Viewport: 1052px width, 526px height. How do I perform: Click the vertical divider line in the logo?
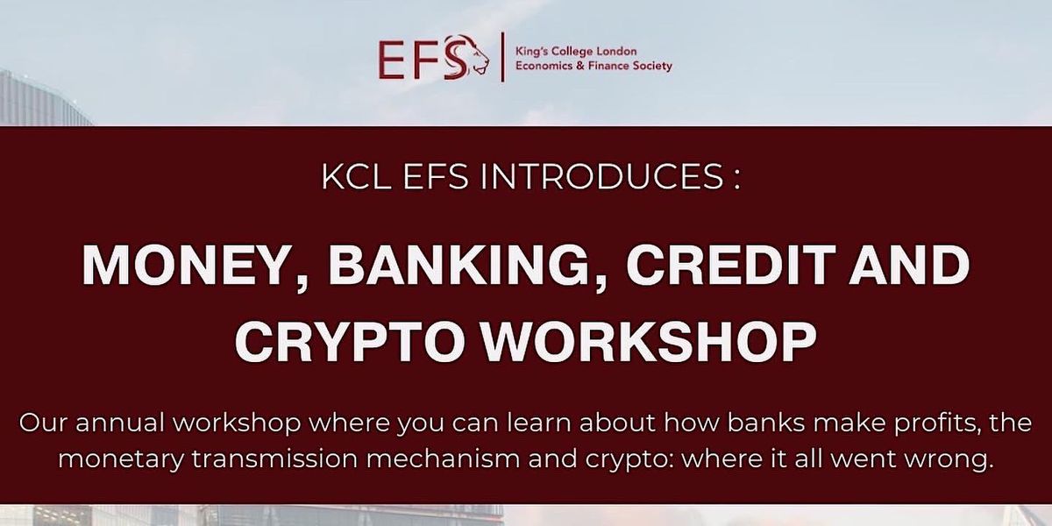[x=502, y=58]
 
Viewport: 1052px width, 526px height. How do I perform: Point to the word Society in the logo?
[x=649, y=66]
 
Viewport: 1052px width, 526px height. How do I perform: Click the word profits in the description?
[x=943, y=423]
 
